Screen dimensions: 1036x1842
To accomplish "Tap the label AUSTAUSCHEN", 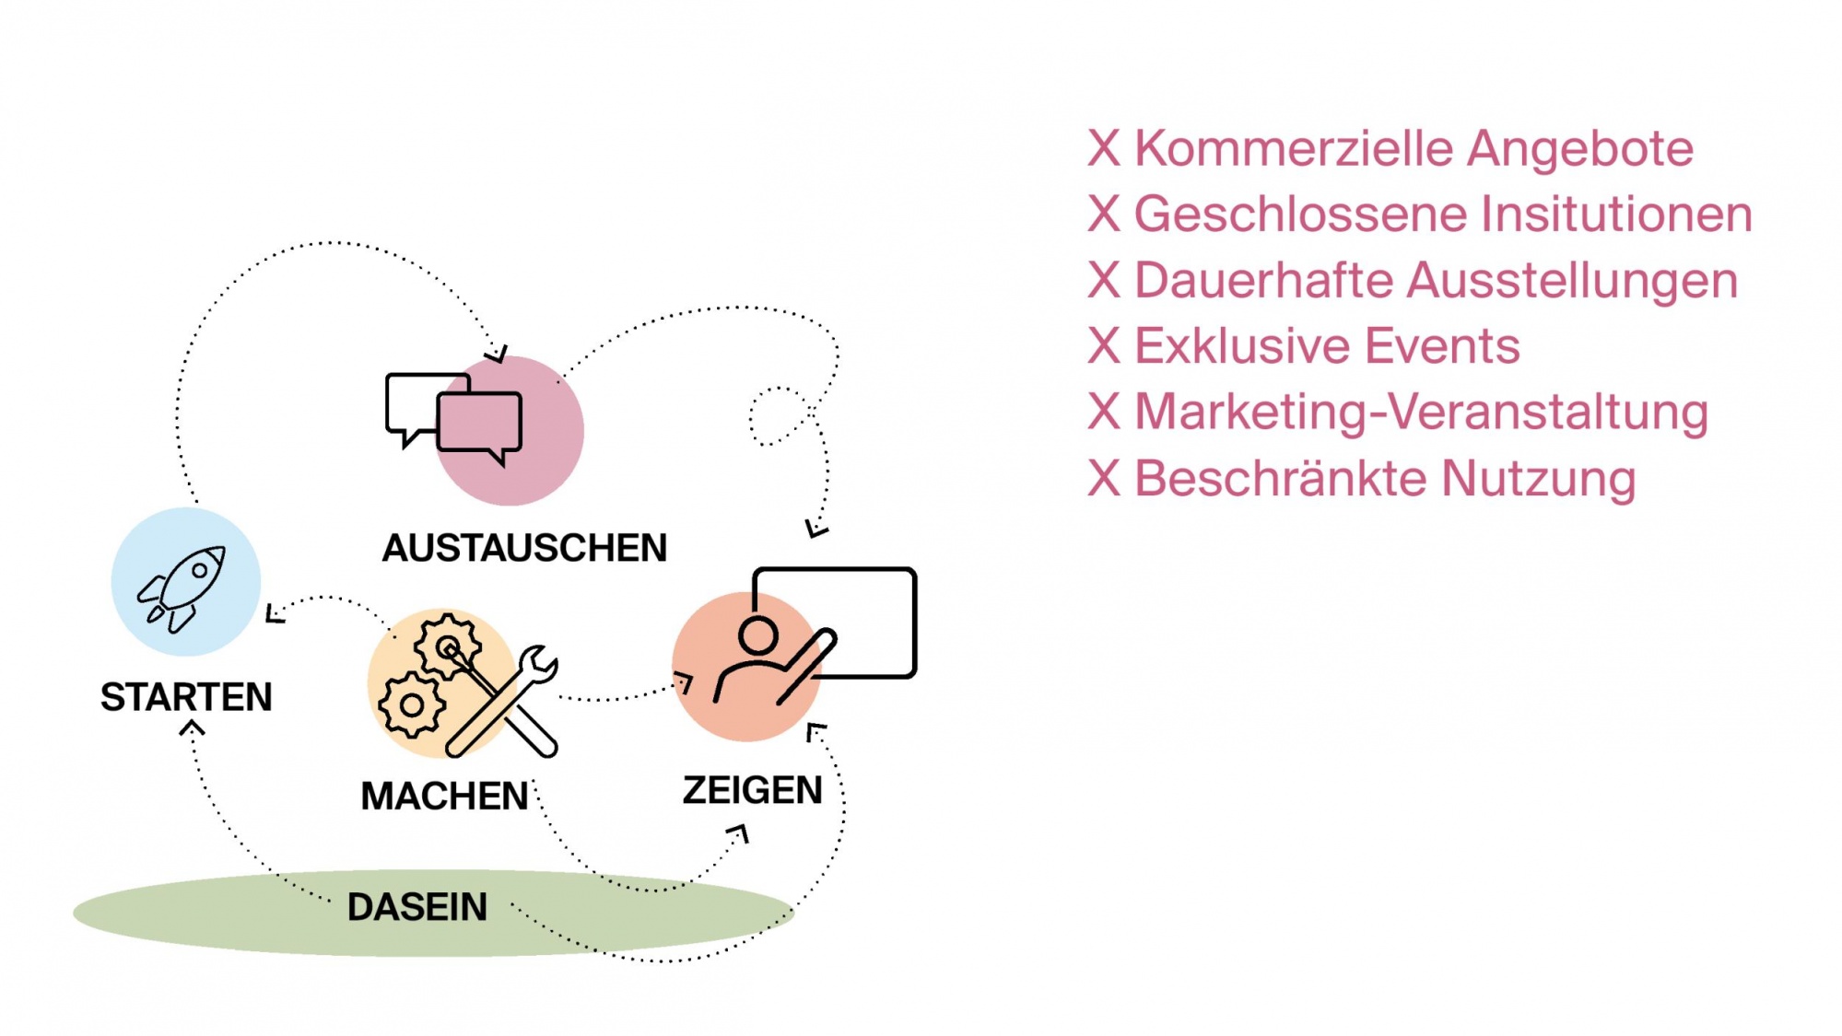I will click(524, 549).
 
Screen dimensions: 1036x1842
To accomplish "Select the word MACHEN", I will click(444, 797).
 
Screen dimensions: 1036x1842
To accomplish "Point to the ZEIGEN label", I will click(752, 791).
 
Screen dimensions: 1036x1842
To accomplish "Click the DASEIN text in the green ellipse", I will click(417, 908).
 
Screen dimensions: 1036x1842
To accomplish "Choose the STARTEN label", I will click(186, 698).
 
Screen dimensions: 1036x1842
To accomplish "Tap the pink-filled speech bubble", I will click(480, 423).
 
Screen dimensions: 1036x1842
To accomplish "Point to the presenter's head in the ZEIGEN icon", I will click(758, 634).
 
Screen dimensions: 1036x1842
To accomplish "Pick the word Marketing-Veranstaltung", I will click(1421, 413).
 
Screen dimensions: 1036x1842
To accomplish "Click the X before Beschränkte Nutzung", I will click(1104, 479).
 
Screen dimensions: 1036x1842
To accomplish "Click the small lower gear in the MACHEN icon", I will click(411, 706).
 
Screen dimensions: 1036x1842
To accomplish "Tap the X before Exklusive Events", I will click(1104, 347).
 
